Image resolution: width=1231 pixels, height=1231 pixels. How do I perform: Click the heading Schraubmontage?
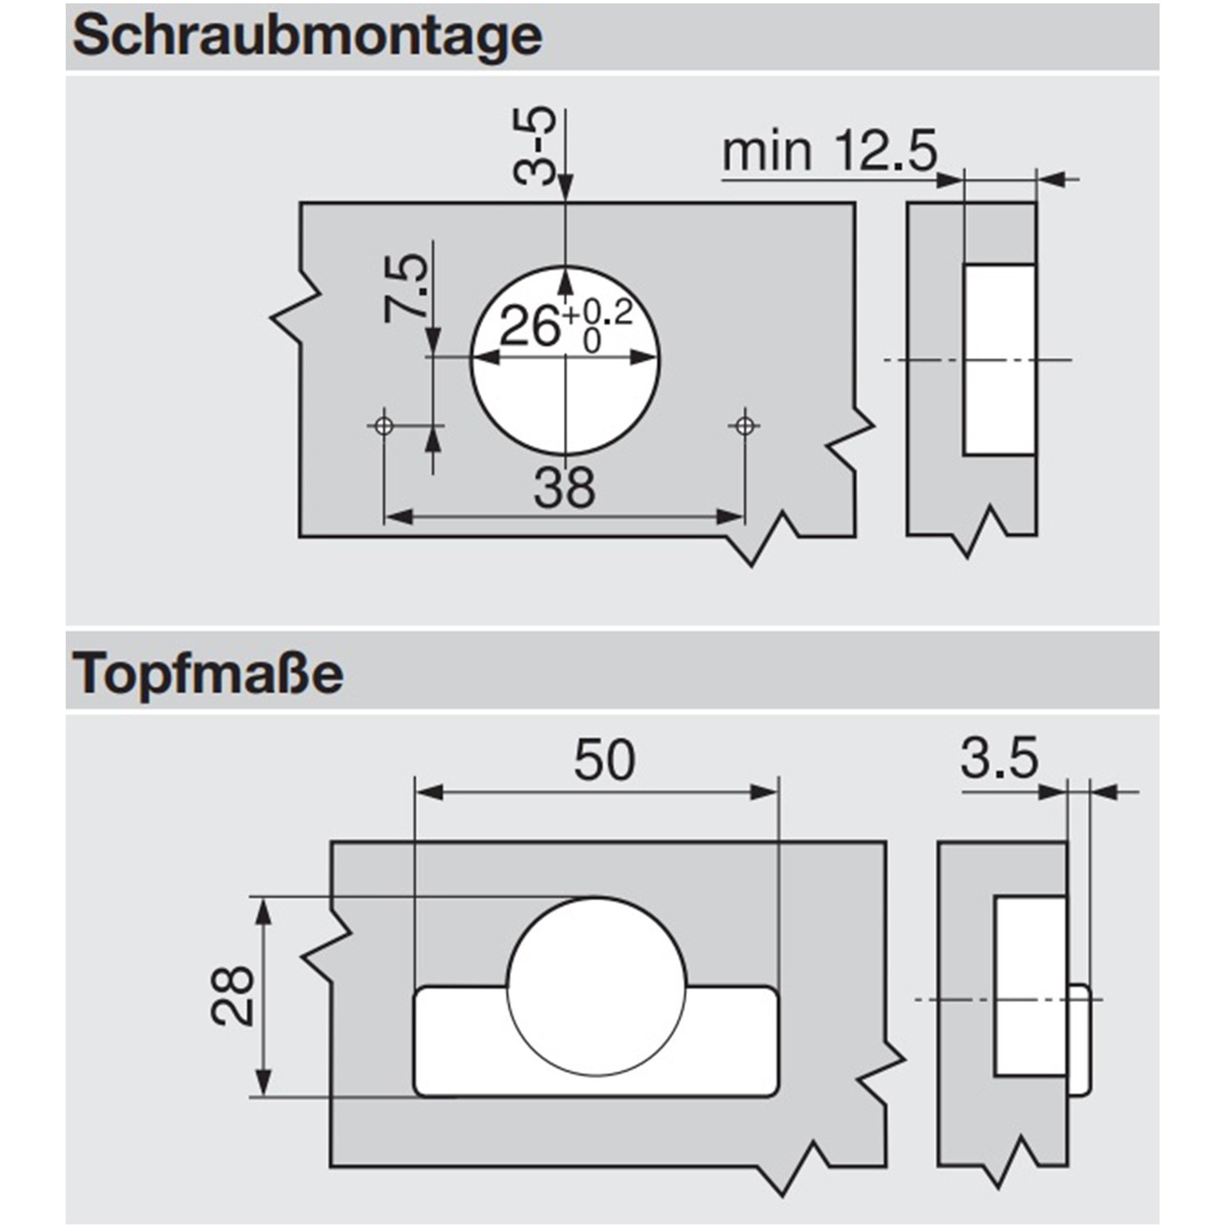[x=307, y=36]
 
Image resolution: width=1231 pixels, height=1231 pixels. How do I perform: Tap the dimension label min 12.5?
[x=829, y=152]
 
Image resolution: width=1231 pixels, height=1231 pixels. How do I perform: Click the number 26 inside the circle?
[x=529, y=327]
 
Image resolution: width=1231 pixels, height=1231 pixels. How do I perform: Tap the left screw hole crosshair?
[x=383, y=425]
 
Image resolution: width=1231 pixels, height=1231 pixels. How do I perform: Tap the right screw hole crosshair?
[x=744, y=425]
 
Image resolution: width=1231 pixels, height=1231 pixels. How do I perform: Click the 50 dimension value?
[x=604, y=760]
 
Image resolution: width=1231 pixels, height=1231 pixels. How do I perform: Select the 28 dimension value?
[x=233, y=995]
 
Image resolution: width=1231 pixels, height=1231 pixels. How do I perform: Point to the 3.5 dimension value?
[x=1000, y=758]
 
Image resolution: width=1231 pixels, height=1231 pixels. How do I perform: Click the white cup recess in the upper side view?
[x=998, y=359]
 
